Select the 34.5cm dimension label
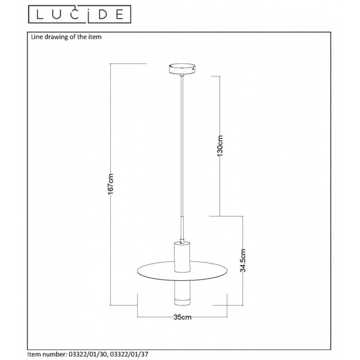(x=243, y=260)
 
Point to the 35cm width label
(x=183, y=317)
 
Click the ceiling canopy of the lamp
(x=182, y=69)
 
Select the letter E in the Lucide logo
(x=120, y=15)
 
